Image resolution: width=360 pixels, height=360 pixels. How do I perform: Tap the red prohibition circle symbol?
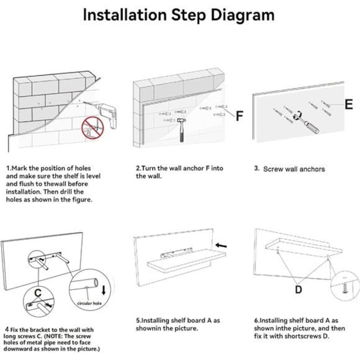92,128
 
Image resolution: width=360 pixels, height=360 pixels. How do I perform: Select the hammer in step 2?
181,130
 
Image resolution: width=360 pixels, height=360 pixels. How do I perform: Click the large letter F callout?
239,116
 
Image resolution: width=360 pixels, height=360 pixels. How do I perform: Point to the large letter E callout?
349,104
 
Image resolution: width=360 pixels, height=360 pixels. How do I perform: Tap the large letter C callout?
38,293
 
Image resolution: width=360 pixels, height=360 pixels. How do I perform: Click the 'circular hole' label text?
89,304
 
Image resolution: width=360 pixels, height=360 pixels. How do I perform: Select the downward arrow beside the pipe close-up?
104,290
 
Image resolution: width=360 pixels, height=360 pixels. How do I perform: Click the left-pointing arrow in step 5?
221,245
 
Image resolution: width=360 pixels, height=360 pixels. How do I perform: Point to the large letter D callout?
298,289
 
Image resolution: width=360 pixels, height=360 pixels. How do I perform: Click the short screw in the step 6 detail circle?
344,288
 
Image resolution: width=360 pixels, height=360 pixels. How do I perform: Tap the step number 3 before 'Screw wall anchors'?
256,168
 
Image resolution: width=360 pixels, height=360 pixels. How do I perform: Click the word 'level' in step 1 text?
94,176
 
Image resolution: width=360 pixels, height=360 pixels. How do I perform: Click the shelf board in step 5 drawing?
186,261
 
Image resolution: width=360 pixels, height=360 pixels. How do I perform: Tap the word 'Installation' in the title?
125,15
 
